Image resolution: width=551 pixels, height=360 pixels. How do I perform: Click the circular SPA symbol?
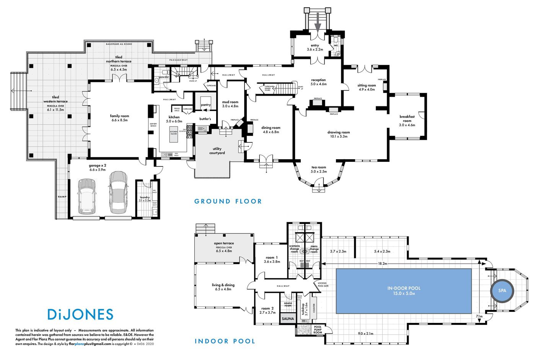coord(502,290)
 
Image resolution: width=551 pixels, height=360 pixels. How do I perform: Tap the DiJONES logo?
coord(80,314)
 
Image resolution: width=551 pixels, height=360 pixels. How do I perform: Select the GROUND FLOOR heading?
coord(228,201)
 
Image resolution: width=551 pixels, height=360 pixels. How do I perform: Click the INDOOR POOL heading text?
coord(225,341)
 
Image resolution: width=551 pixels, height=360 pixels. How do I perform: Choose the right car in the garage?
coord(118,192)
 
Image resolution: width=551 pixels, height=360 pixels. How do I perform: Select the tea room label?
coord(318,167)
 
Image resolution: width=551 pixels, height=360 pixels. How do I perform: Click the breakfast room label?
coord(407,119)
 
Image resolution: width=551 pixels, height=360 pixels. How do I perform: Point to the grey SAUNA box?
coord(288,318)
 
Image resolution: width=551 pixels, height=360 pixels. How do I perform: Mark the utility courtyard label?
coord(217,151)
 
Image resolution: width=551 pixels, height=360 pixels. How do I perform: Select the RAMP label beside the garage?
coord(62,197)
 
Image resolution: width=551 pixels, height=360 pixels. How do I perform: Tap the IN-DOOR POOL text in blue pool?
coord(403,288)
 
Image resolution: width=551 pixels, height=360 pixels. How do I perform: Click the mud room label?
coord(230,102)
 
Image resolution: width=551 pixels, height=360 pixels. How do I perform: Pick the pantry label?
coord(205,105)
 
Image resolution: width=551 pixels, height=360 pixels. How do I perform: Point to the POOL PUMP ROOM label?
coord(318,329)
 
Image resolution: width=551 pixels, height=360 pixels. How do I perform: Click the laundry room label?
coord(145,197)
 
